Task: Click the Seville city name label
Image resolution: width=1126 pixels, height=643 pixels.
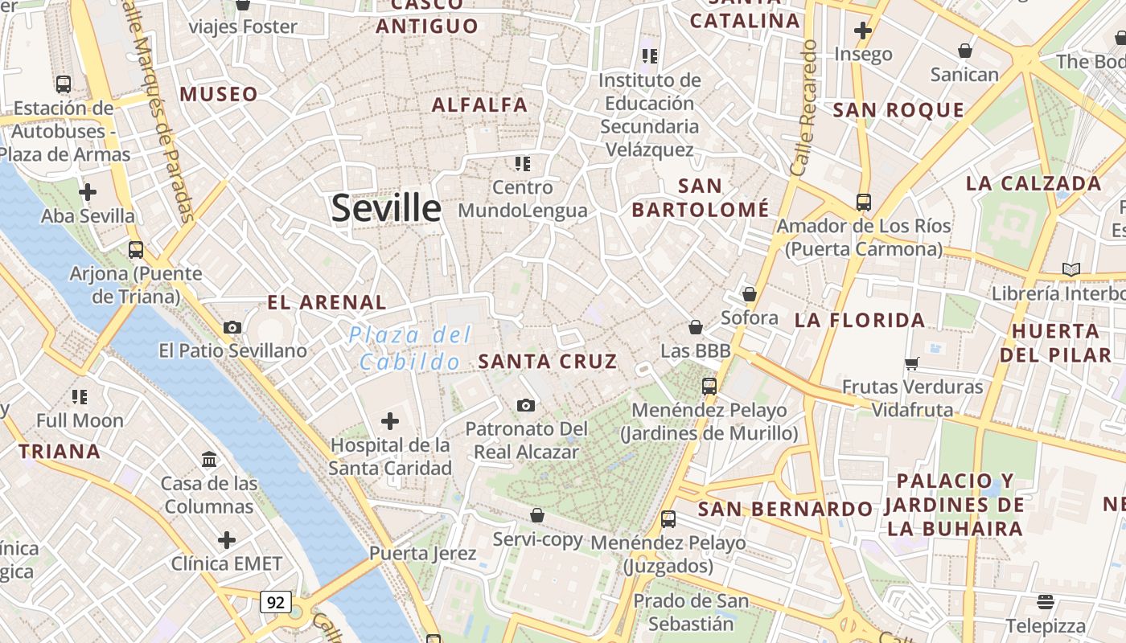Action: [386, 208]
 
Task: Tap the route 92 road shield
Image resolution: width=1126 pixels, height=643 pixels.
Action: [275, 601]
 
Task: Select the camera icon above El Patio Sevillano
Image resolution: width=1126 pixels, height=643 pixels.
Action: [232, 327]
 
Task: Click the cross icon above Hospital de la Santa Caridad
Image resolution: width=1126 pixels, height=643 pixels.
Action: [390, 420]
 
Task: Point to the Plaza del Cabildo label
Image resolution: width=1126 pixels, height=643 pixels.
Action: [410, 349]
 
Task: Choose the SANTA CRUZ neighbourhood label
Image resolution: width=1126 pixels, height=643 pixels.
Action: [548, 362]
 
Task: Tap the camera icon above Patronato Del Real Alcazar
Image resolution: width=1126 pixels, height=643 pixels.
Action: [526, 405]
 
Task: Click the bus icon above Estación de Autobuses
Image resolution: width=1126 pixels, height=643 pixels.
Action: [64, 84]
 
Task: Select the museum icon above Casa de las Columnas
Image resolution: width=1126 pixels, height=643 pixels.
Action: [209, 459]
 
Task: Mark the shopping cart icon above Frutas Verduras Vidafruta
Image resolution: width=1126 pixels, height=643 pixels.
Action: [911, 363]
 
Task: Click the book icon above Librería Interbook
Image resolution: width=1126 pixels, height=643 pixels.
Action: [1071, 269]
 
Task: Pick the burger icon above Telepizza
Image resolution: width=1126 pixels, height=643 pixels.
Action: [1046, 601]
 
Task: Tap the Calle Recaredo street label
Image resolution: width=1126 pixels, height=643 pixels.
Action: [804, 109]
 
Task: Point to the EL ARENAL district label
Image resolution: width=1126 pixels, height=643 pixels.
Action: [327, 303]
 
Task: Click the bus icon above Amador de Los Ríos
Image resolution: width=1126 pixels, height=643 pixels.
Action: [864, 202]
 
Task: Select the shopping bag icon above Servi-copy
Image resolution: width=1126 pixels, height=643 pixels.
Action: [537, 515]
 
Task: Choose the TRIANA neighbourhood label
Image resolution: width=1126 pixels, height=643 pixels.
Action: [60, 452]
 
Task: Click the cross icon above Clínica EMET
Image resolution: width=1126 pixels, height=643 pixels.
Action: [227, 539]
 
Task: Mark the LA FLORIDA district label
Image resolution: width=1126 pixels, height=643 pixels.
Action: [860, 321]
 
